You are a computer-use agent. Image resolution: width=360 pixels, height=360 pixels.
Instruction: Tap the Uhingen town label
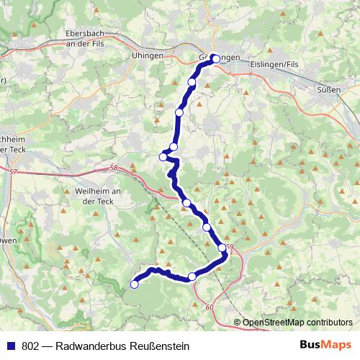pyautogui.click(x=148, y=55)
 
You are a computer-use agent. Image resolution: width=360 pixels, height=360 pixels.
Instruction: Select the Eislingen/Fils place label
pyautogui.click(x=272, y=64)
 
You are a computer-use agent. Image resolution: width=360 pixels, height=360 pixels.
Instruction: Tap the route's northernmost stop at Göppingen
pyautogui.click(x=215, y=60)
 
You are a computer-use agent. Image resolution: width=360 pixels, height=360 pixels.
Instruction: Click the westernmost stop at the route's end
pyautogui.click(x=134, y=284)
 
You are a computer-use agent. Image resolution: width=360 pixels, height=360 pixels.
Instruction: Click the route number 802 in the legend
pyautogui.click(x=31, y=346)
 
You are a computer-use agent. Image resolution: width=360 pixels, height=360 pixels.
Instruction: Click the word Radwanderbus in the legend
pyautogui.click(x=91, y=346)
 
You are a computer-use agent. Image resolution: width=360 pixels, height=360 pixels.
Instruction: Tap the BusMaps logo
pyautogui.click(x=325, y=345)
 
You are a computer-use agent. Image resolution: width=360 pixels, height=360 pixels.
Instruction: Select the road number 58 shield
pyautogui.click(x=114, y=168)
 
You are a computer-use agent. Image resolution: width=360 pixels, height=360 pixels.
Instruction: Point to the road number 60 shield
pyautogui.click(x=210, y=307)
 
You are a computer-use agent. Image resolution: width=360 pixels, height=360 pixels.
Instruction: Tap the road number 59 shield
pyautogui.click(x=230, y=248)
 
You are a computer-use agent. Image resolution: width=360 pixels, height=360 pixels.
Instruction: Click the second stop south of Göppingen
pyautogui.click(x=179, y=112)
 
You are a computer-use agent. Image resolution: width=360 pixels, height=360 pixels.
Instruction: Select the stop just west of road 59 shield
pyautogui.click(x=222, y=248)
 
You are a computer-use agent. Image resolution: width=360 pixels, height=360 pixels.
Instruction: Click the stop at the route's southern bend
pyautogui.click(x=192, y=276)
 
